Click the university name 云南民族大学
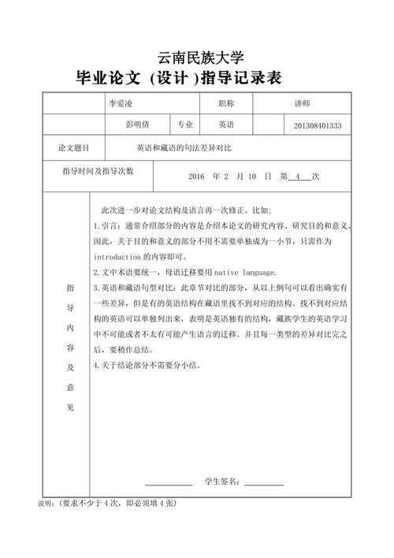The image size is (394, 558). (x=201, y=57)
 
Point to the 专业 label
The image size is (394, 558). (x=185, y=125)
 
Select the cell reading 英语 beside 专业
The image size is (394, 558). (x=226, y=125)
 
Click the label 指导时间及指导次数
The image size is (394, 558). (x=98, y=170)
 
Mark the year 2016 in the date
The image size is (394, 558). (x=197, y=177)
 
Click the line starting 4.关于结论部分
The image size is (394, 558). (x=147, y=365)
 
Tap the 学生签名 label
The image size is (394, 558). (x=221, y=482)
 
